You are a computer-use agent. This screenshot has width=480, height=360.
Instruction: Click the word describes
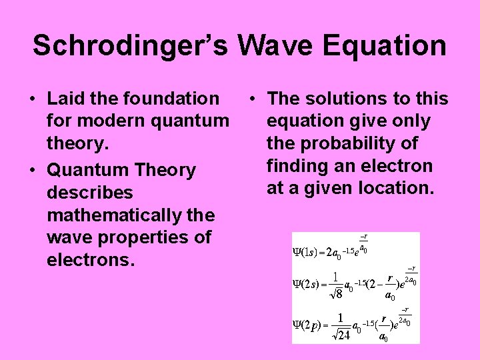pyautogui.click(x=90, y=193)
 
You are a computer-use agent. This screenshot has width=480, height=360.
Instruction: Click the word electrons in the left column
pyautogui.click(x=91, y=260)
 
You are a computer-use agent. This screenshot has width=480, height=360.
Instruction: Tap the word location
pyautogui.click(x=396, y=189)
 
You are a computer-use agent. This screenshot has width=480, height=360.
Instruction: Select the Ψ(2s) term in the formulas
pyautogui.click(x=309, y=284)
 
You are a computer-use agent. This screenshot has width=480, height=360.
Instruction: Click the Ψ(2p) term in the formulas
pyautogui.click(x=309, y=325)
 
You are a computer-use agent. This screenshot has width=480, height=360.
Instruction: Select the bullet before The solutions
pyautogui.click(x=252, y=99)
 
